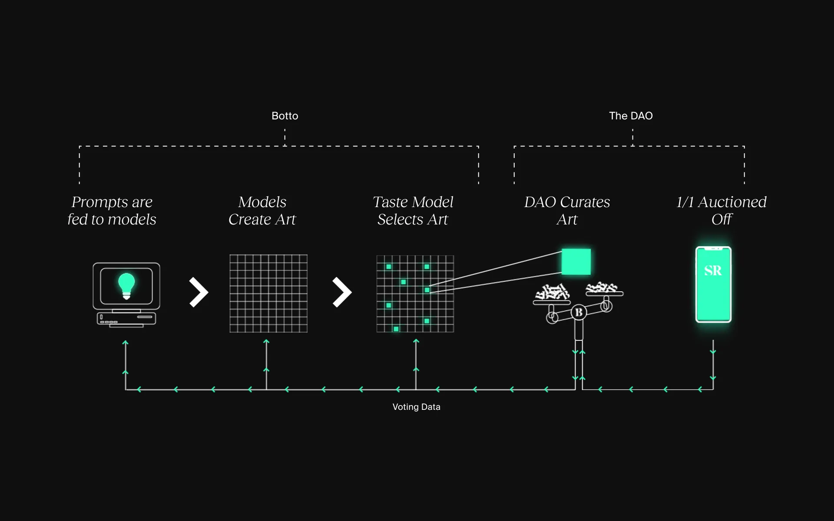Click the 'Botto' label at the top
[285, 116]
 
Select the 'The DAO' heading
[631, 116]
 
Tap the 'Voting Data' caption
[416, 407]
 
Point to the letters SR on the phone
[713, 270]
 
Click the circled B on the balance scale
[579, 312]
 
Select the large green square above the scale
[576, 262]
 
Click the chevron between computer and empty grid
[199, 292]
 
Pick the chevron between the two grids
[342, 292]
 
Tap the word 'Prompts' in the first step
[99, 202]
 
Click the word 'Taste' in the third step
[390, 202]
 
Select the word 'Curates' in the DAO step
[585, 202]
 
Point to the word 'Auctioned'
[732, 202]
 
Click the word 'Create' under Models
[250, 220]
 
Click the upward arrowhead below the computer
[126, 343]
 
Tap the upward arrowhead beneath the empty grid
[266, 342]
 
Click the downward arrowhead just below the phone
[713, 352]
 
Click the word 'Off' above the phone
[721, 220]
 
